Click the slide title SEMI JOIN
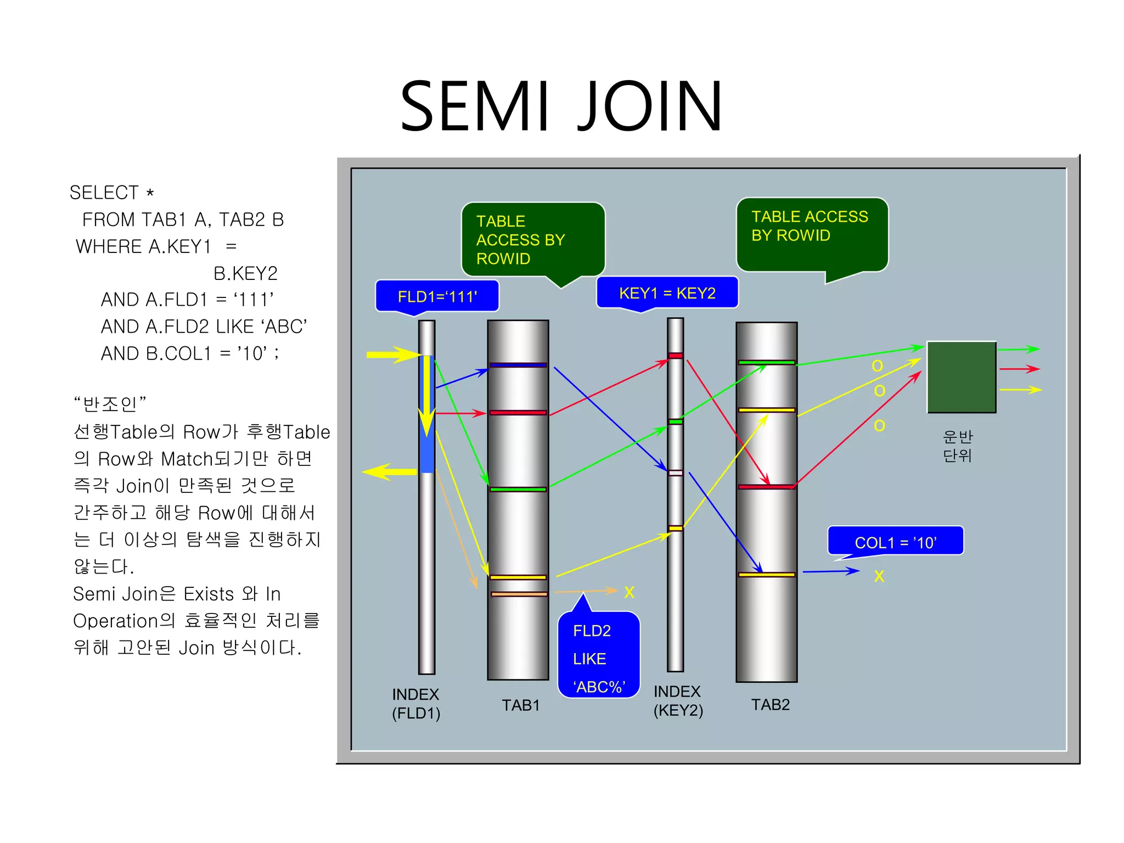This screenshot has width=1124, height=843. click(x=561, y=106)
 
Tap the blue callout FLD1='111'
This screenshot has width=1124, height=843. click(x=437, y=296)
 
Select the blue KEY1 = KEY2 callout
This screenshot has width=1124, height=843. click(x=667, y=293)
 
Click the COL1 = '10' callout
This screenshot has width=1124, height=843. click(x=895, y=542)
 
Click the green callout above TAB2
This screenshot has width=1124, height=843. click(x=811, y=233)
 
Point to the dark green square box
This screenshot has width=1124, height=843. click(x=962, y=377)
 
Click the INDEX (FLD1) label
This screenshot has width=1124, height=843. click(x=415, y=704)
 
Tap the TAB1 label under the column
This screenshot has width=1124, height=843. click(x=520, y=705)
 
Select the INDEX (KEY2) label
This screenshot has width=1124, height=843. click(x=678, y=701)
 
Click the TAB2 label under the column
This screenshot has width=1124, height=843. click(x=770, y=704)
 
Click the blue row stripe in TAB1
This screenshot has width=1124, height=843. click(x=518, y=365)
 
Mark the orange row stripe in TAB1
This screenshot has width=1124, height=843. click(x=519, y=594)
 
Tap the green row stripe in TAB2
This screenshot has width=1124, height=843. click(x=766, y=362)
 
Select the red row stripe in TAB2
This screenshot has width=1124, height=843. click(x=766, y=487)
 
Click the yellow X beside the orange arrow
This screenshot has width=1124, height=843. click(x=629, y=592)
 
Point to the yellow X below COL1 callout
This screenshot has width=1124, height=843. click(x=879, y=576)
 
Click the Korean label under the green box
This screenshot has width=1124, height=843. click(x=958, y=446)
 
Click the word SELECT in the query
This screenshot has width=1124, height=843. click(x=104, y=193)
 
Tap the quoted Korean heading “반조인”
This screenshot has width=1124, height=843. click(x=110, y=404)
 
